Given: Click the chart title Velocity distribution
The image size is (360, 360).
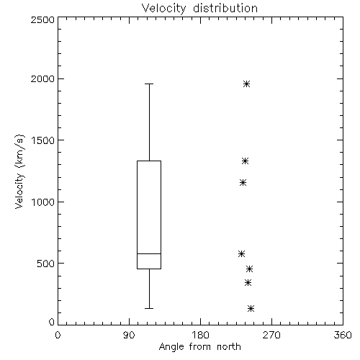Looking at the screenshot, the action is [x=199, y=8].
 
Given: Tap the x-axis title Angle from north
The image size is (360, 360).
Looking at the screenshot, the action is [x=199, y=347].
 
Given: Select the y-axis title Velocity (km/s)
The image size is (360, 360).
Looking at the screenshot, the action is [x=19, y=171].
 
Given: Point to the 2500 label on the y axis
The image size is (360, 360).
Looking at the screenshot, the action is [x=42, y=19].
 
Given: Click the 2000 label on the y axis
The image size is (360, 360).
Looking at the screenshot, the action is [x=42, y=78].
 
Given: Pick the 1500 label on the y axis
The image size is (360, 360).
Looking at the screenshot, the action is [x=43, y=140].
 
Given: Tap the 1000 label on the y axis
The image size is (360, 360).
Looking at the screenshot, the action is [x=43, y=202].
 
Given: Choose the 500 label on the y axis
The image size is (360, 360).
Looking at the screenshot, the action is [x=46, y=264].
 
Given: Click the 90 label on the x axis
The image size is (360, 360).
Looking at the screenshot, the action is [x=129, y=335].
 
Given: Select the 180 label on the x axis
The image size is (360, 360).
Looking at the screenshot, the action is [x=200, y=335].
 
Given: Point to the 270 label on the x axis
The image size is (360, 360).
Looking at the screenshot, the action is [x=271, y=335].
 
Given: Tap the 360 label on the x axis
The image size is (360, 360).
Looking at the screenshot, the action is [x=343, y=335].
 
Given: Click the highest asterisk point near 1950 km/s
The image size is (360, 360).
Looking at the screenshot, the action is [x=246, y=84].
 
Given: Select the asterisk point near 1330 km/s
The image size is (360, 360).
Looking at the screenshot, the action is [x=245, y=161].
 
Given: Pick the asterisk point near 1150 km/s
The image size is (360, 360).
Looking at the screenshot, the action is [x=243, y=183].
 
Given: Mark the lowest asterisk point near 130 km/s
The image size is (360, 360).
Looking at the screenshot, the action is [x=251, y=308].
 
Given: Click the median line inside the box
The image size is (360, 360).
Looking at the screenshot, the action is [x=149, y=253].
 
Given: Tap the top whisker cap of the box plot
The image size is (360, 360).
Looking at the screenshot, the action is [x=149, y=84].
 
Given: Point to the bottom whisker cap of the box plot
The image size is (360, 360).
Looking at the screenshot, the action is [x=149, y=308].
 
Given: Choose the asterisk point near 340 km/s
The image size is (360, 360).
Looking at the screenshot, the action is [x=248, y=283].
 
